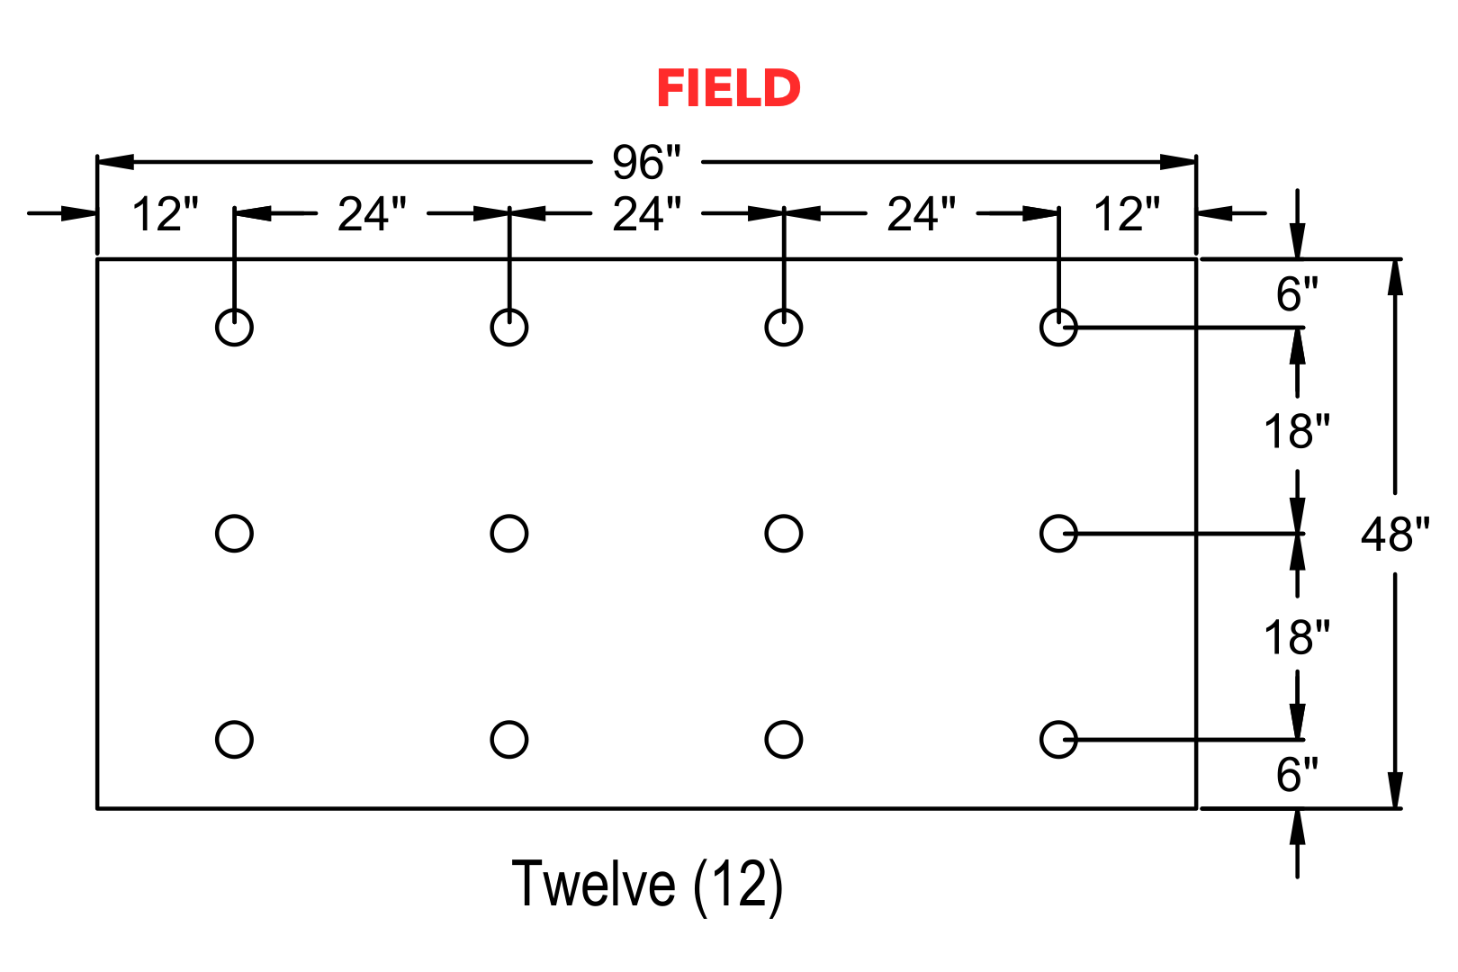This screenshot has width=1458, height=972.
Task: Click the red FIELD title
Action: (728, 88)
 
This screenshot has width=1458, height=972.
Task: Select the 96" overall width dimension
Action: (645, 162)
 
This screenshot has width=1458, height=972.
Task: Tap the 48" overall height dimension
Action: (1396, 534)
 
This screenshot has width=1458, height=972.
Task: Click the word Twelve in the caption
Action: (593, 884)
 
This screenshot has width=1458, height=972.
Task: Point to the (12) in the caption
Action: (737, 886)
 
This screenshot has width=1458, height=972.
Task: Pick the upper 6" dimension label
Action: (1297, 294)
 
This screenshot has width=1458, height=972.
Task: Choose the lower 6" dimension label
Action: (1297, 775)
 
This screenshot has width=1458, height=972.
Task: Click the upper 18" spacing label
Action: (1297, 431)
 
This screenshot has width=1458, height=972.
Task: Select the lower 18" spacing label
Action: (1297, 637)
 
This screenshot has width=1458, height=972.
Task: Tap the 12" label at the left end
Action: (165, 214)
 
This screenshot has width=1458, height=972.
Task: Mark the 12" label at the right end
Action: (1127, 214)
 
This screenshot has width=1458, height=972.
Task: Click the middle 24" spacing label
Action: (646, 214)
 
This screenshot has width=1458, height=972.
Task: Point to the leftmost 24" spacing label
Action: (372, 214)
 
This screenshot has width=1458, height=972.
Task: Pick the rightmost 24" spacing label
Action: (921, 214)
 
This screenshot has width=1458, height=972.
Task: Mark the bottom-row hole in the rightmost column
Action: (1040, 740)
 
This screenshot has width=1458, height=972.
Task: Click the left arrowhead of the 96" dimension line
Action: (115, 162)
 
